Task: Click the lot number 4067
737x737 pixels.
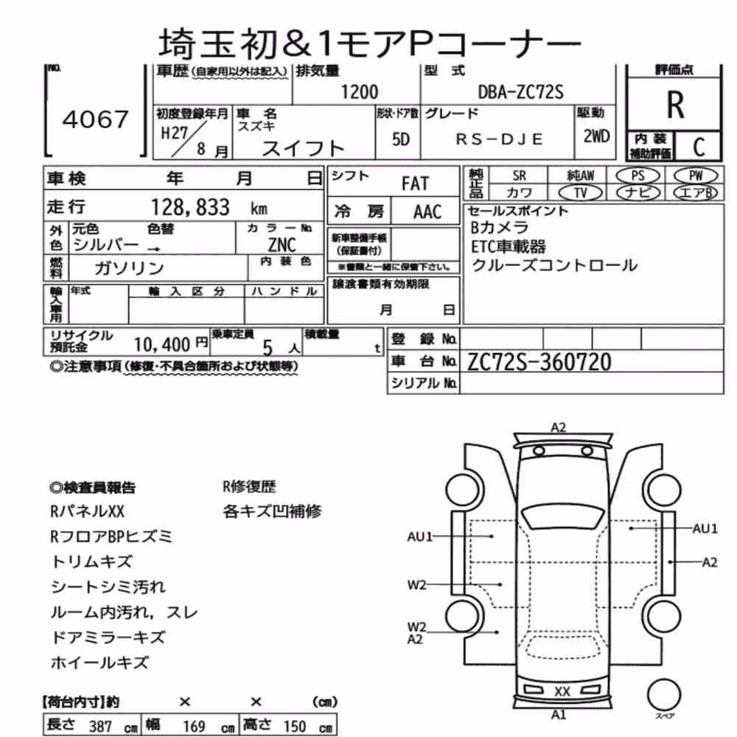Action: [x=95, y=119]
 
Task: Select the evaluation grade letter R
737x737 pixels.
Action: [x=675, y=105]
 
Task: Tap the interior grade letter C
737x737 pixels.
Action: [x=699, y=147]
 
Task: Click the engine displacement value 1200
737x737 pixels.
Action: [x=359, y=91]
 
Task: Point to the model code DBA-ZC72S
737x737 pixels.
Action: [x=520, y=91]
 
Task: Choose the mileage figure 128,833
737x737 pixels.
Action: [x=190, y=207]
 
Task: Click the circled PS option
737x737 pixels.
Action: [x=638, y=176]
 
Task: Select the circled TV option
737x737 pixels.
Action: [x=581, y=192]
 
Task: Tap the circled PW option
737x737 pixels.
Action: [x=696, y=176]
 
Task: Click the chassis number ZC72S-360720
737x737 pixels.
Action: [x=539, y=362]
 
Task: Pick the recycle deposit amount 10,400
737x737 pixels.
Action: [x=161, y=345]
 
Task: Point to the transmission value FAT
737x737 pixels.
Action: [x=415, y=184]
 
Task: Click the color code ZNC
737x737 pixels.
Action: [x=282, y=245]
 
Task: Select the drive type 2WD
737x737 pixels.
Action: [x=596, y=136]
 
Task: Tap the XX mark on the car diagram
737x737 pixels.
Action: [x=562, y=691]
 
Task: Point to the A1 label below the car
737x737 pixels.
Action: [x=559, y=715]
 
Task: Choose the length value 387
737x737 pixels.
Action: [x=100, y=726]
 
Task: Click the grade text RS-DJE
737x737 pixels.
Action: [x=499, y=139]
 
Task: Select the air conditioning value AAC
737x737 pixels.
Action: [x=427, y=212]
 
